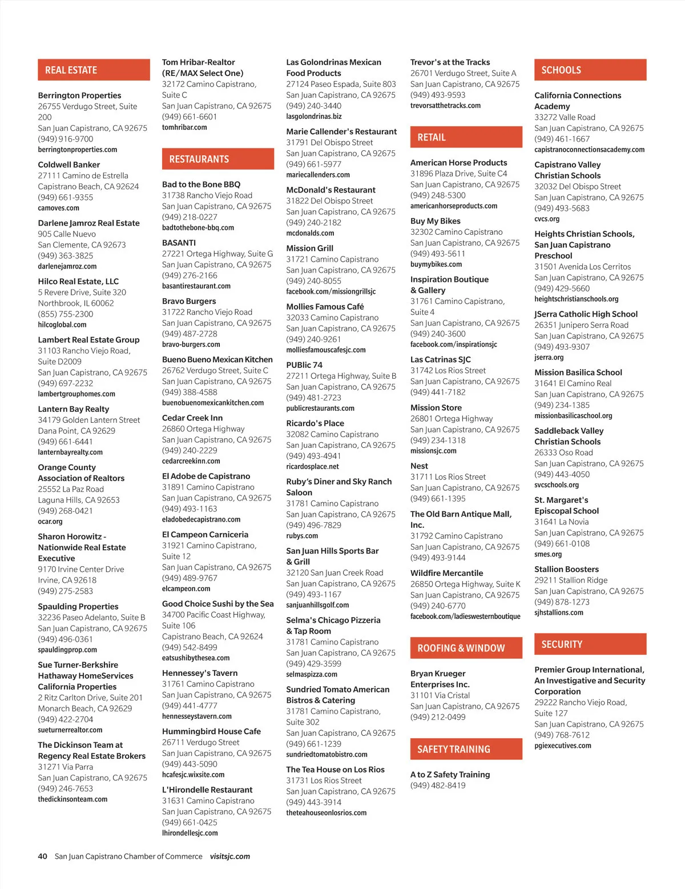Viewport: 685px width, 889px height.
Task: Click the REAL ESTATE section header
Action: coord(94,70)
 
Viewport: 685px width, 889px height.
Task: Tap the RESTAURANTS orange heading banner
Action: coord(217,159)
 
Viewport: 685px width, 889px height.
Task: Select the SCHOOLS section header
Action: coord(590,70)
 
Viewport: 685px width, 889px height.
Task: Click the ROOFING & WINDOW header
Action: coord(466,648)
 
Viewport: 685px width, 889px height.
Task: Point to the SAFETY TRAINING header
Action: coord(466,749)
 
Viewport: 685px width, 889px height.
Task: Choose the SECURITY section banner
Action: coord(590,644)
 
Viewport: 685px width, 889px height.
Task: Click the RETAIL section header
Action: coord(466,137)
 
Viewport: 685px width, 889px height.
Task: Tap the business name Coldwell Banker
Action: coord(69,165)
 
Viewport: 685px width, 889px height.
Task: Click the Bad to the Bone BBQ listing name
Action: coord(201,185)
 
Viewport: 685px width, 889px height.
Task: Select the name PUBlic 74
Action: coord(304,365)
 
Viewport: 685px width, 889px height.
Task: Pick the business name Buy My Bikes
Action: coord(435,221)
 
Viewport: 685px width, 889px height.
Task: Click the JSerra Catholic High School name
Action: coord(586,314)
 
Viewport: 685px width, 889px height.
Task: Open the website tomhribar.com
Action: coord(184,127)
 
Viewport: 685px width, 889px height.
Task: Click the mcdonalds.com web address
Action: coord(310,233)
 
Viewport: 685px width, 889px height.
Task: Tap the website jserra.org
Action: coord(549,358)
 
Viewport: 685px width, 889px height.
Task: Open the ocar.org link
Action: coord(50,522)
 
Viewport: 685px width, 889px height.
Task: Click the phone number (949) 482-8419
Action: coord(438,786)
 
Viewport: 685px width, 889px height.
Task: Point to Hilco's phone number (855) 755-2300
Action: coord(66,314)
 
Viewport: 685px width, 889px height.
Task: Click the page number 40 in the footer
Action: coord(43,856)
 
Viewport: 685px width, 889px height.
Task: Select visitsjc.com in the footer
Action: coord(229,856)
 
